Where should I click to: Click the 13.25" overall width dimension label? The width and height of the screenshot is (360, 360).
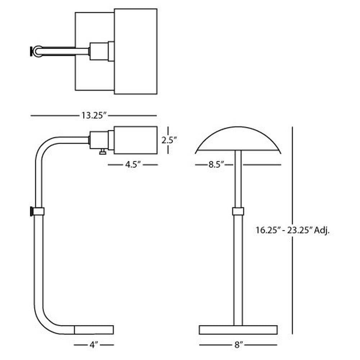[x=94, y=115]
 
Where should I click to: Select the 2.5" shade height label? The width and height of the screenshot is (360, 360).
[x=170, y=140]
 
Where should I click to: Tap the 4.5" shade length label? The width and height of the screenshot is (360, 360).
[x=133, y=165]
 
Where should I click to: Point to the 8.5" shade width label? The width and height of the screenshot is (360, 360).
[x=216, y=165]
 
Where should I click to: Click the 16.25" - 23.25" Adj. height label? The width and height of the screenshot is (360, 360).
[x=293, y=230]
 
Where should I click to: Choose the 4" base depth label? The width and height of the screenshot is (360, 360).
[x=94, y=345]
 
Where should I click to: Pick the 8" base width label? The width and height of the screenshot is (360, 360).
[x=239, y=345]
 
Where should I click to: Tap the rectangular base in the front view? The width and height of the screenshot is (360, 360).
[x=238, y=330]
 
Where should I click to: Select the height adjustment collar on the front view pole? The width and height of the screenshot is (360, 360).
[x=238, y=211]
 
